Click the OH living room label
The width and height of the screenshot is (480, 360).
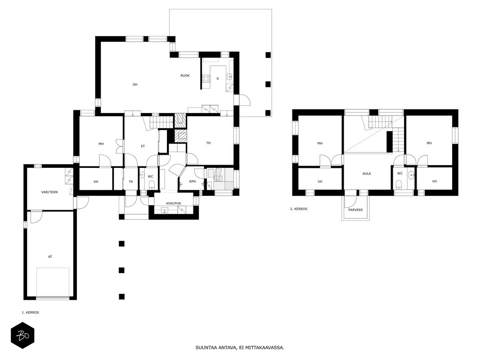pyautogui.click(x=135, y=85)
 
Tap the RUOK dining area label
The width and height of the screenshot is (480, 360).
pyautogui.click(x=185, y=75)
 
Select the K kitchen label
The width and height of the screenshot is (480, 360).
pyautogui.click(x=218, y=79)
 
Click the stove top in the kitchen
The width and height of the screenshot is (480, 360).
pyautogui.click(x=206, y=79)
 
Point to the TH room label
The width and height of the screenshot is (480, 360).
pyautogui.click(x=208, y=143)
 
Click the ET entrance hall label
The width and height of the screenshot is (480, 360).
pyautogui.click(x=143, y=146)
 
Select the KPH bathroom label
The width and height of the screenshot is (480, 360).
pyautogui.click(x=192, y=181)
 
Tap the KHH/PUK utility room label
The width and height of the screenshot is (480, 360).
pyautogui.click(x=174, y=203)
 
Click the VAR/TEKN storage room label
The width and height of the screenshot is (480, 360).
pyautogui.click(x=49, y=192)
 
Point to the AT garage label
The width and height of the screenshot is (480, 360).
pyautogui.click(x=50, y=256)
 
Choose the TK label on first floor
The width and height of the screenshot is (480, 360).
pyautogui.click(x=131, y=181)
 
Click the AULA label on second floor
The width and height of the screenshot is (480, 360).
pyautogui.click(x=367, y=174)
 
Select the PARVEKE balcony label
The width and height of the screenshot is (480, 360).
pyautogui.click(x=355, y=210)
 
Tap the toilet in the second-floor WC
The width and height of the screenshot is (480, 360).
pyautogui.click(x=399, y=184)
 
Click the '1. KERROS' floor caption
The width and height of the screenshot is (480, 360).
pyautogui.click(x=30, y=313)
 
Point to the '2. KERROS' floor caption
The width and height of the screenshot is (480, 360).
pyautogui.click(x=298, y=209)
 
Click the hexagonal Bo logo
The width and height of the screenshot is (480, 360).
pyautogui.click(x=22, y=336)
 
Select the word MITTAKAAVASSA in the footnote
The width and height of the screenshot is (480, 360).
pyautogui.click(x=265, y=347)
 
